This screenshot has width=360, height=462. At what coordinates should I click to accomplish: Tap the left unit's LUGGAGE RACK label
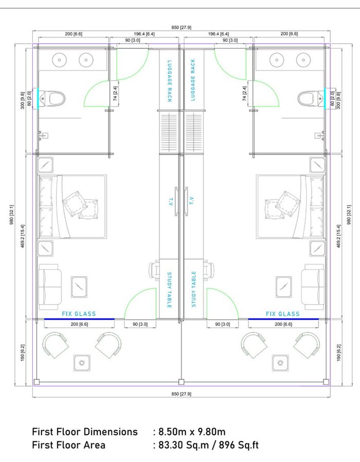coord(169,81)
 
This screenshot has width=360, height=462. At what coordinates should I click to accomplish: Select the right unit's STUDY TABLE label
coord(193,289)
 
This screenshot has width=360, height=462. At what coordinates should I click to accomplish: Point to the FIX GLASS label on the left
coord(79,314)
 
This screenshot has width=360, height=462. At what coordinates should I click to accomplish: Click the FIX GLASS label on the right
coord(282,314)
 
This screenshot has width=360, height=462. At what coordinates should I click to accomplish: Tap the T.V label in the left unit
coord(170,201)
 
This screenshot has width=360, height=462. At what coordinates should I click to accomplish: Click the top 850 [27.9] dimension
coord(182,27)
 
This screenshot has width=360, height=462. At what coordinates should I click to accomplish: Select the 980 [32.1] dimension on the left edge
coord(12,214)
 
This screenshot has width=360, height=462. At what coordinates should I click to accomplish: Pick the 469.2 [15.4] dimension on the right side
coord(339,236)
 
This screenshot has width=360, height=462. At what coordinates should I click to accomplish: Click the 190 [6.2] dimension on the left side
coord(23,353)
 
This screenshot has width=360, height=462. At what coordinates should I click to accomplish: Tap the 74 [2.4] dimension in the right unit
coord(244,94)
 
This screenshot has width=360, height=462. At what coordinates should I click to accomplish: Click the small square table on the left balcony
coord(82,363)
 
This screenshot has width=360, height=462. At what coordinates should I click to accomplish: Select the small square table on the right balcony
coord(280,363)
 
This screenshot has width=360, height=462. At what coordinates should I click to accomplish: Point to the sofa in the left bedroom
coord(50,287)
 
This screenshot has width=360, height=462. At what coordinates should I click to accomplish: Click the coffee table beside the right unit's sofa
coord(284,287)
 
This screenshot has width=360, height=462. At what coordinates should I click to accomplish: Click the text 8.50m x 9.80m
coord(192,432)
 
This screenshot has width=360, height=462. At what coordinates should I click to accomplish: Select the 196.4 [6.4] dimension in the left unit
coord(144,34)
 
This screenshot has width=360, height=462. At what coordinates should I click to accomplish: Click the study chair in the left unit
coord(154,270)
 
